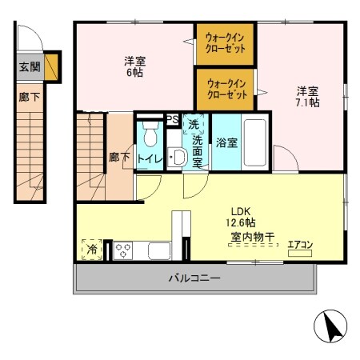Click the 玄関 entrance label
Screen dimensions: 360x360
[x=28, y=68]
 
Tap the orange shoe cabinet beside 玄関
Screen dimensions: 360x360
[x=52, y=68]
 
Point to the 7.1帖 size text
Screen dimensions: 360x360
[x=309, y=103]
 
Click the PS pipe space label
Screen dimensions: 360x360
[x=171, y=120]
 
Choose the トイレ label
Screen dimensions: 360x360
[x=150, y=158]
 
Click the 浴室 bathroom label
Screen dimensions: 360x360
[x=226, y=144]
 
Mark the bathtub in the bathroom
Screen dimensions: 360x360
[x=254, y=143]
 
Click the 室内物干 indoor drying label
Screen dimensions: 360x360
[x=252, y=237]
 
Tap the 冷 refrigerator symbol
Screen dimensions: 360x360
[x=92, y=250]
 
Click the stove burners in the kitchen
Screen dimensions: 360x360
[x=125, y=250]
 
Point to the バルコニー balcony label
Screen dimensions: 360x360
[x=194, y=278]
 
